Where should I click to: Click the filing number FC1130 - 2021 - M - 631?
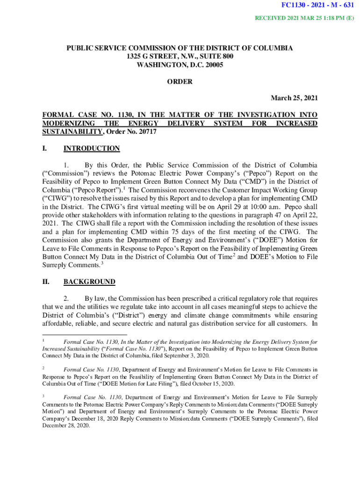317,6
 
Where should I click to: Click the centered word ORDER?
180,81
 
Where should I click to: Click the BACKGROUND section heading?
89,282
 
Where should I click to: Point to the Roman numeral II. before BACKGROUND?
46,282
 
